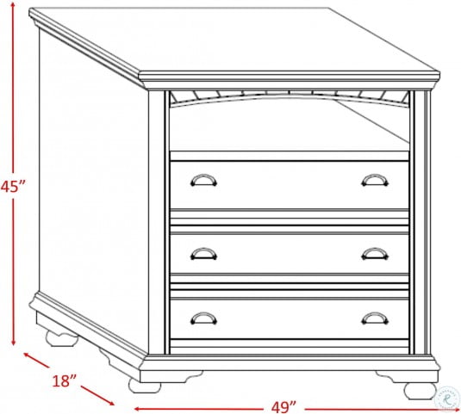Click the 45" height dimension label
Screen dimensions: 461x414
tap(13, 186)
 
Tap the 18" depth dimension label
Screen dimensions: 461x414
tap(64, 380)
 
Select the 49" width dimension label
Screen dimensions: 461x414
tap(283, 407)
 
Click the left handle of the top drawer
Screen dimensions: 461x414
tap(203, 181)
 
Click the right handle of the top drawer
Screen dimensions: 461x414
tap(375, 181)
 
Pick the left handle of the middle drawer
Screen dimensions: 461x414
tap(203, 254)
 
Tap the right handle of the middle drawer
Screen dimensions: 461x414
tap(375, 254)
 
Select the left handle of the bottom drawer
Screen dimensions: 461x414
tap(203, 318)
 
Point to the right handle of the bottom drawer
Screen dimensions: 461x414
tap(375, 318)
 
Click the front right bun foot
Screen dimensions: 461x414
tap(420, 391)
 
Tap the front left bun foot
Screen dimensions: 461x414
tap(145, 386)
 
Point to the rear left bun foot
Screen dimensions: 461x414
tap(62, 338)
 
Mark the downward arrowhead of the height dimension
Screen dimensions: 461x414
tap(13, 342)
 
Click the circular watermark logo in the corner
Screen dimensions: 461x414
tap(447, 398)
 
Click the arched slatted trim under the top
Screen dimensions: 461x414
tap(290, 97)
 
